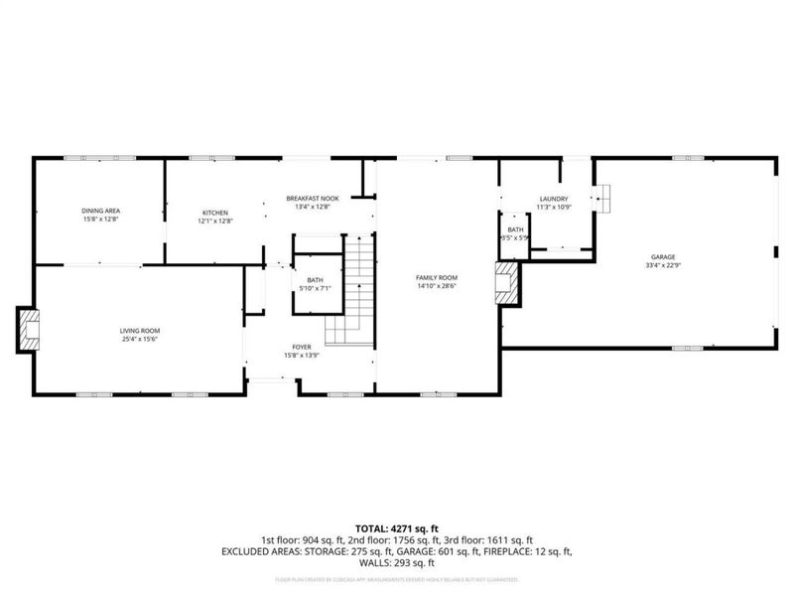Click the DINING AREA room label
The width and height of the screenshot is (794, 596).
point(100,212)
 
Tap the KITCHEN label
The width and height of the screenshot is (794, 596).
point(215,213)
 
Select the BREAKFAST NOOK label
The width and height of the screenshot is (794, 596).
point(312,198)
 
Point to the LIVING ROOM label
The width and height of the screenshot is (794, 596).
point(140,330)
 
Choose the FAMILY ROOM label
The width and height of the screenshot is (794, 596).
point(436,277)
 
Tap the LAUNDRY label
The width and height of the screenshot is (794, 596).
point(553,199)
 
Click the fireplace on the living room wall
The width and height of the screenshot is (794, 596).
point(28,330)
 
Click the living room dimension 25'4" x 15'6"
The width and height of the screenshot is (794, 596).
point(140,339)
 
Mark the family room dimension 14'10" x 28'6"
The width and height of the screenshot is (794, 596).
point(436,286)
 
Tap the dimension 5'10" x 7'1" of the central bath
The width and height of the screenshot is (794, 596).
point(315,288)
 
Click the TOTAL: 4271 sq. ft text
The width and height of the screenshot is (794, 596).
point(397,527)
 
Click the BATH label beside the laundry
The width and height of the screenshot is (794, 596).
point(515,229)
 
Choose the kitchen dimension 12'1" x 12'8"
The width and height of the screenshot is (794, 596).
point(215,222)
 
